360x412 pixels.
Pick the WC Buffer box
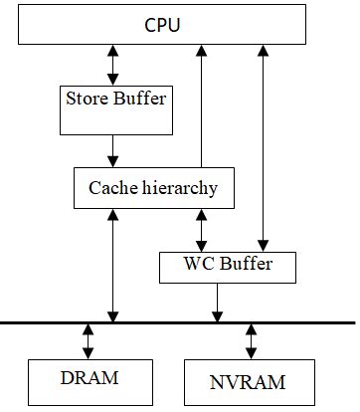[228, 265]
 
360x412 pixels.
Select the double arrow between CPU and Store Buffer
[112, 63]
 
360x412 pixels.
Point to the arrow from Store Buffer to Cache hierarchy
[112, 150]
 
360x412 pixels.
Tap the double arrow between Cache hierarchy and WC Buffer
[203, 230]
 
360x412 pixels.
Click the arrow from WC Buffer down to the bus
[216, 302]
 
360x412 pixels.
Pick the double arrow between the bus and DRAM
[89, 341]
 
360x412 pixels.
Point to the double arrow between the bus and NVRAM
[250, 341]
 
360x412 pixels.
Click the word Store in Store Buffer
[86, 99]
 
